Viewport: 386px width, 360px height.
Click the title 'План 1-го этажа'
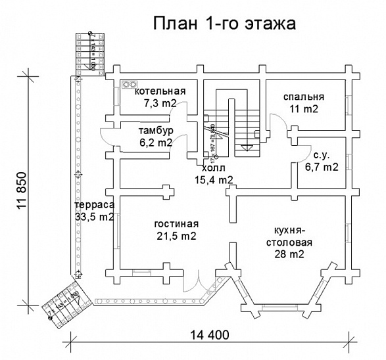coord(224,24)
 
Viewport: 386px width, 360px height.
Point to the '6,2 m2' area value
coord(155,142)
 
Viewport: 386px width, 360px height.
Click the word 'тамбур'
coord(155,130)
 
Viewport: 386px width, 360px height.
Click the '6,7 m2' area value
coord(321,167)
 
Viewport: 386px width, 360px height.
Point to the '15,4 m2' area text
coord(214,179)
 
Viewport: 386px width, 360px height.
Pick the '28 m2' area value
coord(289,255)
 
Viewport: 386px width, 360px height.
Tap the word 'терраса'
coord(94,205)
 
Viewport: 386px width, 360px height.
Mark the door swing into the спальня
coord(274,122)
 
